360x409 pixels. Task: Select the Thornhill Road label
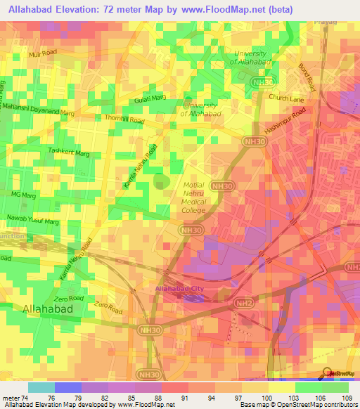coord(124,119)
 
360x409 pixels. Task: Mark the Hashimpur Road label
coord(286,122)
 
